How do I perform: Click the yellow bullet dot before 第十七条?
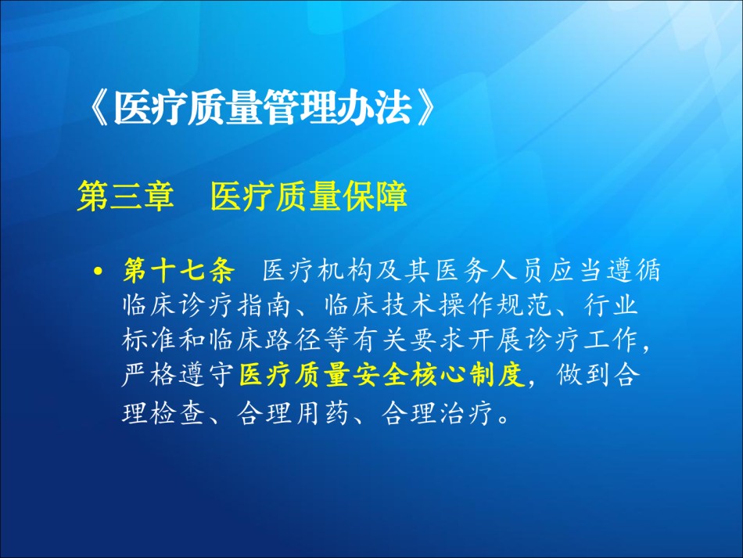pos(98,272)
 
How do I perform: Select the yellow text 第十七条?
pos(178,271)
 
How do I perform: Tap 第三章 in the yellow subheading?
pos(126,196)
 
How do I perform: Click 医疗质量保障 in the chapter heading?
pos(308,196)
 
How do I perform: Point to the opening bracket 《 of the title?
pos(98,109)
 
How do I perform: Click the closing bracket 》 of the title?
pos(425,109)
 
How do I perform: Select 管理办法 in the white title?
pos(338,109)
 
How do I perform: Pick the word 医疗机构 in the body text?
pos(317,271)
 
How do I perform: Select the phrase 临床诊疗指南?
pos(206,305)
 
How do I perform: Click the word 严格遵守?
pos(178,375)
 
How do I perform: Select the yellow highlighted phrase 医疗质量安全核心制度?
pos(382,375)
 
